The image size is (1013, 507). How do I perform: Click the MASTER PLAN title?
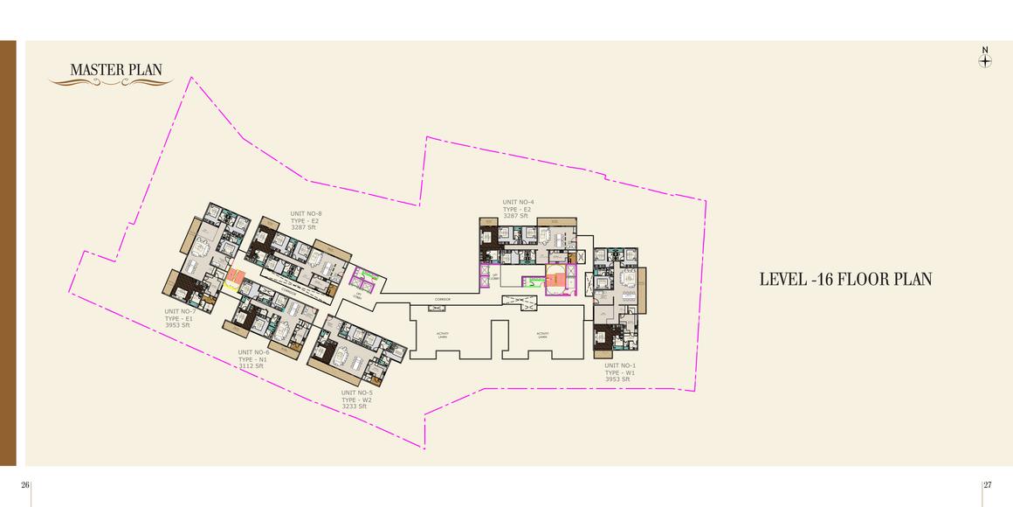point(115,70)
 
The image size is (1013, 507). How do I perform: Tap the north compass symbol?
point(985,61)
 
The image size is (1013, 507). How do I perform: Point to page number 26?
point(25,485)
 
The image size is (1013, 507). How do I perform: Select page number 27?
point(988,485)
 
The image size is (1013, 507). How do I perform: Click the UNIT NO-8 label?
point(307,213)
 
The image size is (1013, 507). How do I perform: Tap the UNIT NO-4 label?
point(518,203)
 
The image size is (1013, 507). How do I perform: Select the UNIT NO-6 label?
point(254,352)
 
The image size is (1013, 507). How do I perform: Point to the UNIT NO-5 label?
point(357,392)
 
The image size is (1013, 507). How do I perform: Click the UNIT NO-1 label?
point(620,365)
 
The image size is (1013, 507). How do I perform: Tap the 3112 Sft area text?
point(251,366)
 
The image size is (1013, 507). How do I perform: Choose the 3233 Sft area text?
point(354,406)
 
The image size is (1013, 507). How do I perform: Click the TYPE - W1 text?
point(620,372)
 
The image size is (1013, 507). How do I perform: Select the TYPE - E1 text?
point(178,318)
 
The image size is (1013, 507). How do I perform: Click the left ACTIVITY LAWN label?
point(444,335)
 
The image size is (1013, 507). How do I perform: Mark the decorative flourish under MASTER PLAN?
point(98,82)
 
